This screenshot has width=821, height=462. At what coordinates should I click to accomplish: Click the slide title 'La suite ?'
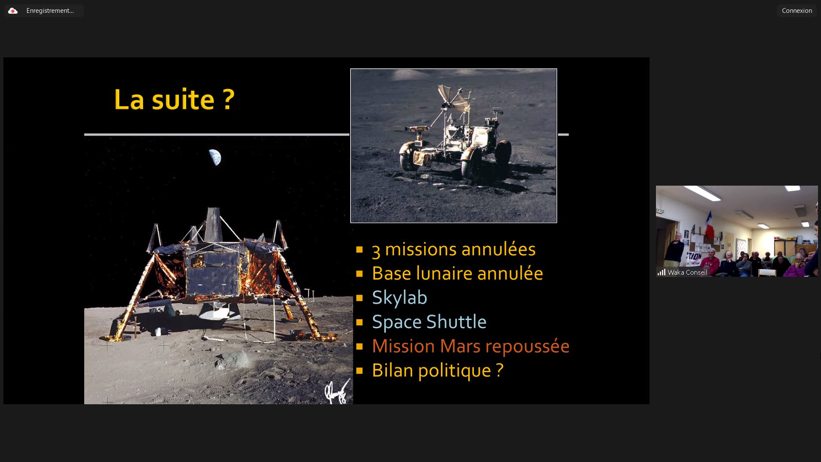[174, 99]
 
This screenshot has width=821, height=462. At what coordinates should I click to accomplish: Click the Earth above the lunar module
[215, 157]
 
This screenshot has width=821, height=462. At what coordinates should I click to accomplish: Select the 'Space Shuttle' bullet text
[429, 322]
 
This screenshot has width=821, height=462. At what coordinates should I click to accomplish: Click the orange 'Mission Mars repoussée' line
[470, 346]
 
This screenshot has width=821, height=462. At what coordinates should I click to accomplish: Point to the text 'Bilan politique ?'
[437, 370]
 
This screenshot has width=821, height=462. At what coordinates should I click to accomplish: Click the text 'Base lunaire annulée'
[457, 273]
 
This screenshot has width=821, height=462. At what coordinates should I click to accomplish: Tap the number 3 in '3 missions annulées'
[376, 250]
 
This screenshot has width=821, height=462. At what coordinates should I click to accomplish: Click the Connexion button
[797, 11]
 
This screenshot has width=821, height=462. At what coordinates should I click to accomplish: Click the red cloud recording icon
[13, 11]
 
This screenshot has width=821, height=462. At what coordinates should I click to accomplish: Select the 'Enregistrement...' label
[50, 11]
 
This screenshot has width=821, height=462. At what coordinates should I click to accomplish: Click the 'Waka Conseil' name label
[687, 272]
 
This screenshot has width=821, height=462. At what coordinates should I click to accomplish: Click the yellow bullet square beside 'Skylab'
[359, 298]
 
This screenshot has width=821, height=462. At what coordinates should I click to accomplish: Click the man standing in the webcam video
[676, 250]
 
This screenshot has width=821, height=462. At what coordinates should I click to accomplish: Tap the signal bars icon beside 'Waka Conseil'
[661, 272]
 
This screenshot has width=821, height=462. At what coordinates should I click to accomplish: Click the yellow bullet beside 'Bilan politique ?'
[359, 370]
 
